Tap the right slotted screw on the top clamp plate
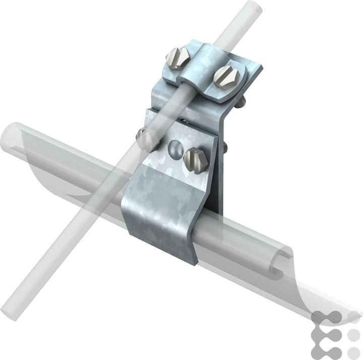pyautogui.click(x=223, y=75)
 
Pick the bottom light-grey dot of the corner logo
pyautogui.click(x=354, y=351)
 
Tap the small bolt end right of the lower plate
pyautogui.click(x=224, y=147)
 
